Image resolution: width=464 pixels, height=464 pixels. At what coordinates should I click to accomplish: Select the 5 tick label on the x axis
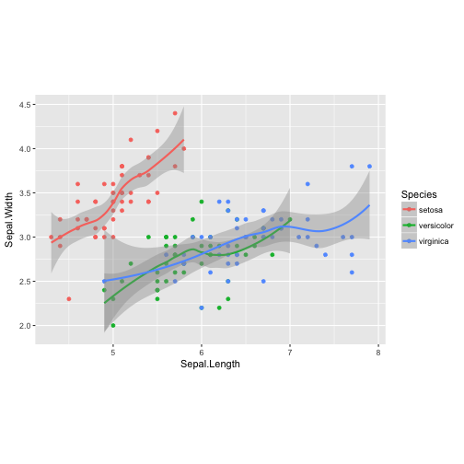click(x=112, y=351)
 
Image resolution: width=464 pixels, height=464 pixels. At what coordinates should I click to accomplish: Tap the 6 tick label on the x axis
click(x=202, y=351)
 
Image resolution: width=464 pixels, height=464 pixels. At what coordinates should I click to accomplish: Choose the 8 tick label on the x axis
click(x=378, y=351)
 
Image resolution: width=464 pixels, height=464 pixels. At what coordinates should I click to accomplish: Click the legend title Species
click(x=419, y=194)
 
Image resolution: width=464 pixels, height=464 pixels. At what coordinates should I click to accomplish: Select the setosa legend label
click(x=429, y=209)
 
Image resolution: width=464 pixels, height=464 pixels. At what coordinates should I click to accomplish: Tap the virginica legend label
click(x=433, y=240)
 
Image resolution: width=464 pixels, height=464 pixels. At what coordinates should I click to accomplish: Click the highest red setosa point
click(x=175, y=113)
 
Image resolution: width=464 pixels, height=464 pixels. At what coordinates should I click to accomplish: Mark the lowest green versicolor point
click(x=112, y=326)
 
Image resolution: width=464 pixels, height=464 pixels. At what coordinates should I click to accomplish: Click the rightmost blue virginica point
click(x=370, y=167)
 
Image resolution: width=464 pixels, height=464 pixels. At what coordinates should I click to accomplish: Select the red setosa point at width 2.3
click(x=69, y=299)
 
